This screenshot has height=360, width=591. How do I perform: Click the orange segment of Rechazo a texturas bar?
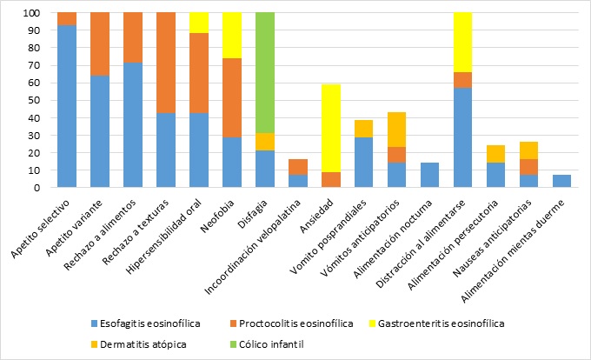(x=166, y=63)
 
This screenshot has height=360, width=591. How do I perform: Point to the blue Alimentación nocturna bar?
(x=430, y=175)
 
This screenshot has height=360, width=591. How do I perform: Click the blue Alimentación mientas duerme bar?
(x=562, y=181)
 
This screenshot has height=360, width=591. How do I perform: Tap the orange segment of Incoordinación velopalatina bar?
(x=298, y=167)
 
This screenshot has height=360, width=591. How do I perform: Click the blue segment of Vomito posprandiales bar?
(x=364, y=163)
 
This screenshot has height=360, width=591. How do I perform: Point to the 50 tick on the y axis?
(x=39, y=101)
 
